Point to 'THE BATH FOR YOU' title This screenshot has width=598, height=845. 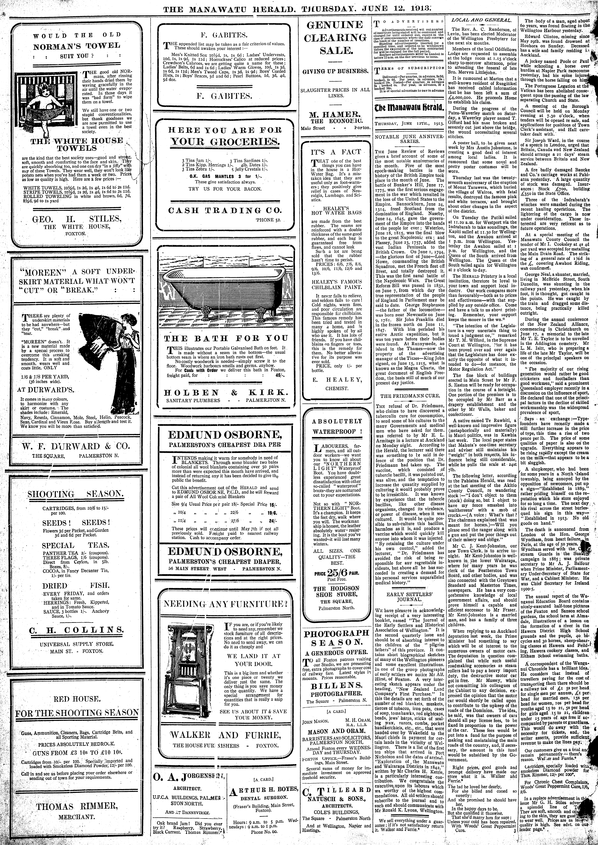click(225, 338)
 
